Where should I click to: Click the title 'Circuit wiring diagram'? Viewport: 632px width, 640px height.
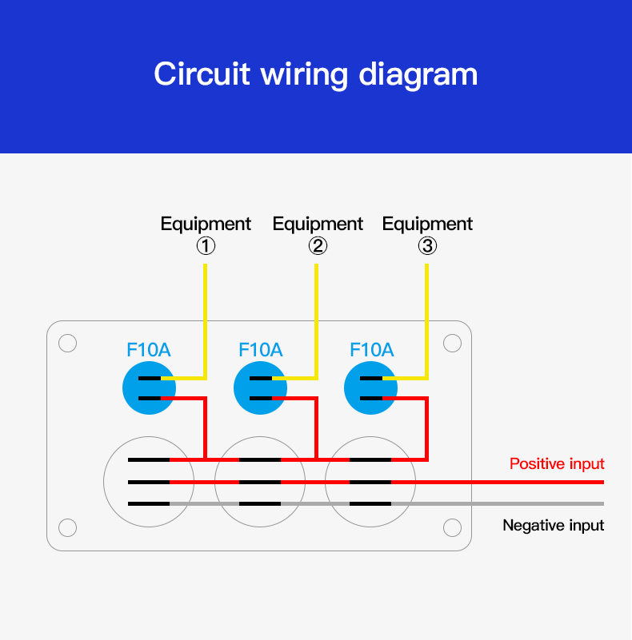(315, 74)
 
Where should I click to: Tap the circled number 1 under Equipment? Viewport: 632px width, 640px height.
(206, 246)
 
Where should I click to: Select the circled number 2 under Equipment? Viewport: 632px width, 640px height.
(318, 246)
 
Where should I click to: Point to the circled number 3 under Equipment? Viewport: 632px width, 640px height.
(427, 246)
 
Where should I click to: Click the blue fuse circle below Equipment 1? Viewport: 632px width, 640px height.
(148, 389)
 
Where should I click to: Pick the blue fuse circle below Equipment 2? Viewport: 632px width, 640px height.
(260, 389)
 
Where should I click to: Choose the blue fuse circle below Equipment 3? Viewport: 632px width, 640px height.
(370, 389)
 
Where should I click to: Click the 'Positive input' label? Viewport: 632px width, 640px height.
(557, 464)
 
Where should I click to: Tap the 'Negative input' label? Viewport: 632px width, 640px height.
(553, 526)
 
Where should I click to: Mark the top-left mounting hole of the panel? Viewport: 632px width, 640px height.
(68, 343)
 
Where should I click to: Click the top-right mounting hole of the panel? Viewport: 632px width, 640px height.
(452, 343)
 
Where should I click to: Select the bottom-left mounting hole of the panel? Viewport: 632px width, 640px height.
(68, 527)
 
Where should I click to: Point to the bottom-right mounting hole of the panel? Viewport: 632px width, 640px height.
(452, 527)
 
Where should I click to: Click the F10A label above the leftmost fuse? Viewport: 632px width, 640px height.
(149, 350)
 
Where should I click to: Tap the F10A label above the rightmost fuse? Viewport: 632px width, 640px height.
(372, 350)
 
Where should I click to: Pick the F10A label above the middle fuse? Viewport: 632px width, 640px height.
(261, 350)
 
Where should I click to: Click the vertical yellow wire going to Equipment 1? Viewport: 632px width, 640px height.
(206, 320)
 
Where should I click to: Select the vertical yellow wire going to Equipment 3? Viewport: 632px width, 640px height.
(427, 320)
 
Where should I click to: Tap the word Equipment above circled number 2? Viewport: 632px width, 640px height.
(318, 224)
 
